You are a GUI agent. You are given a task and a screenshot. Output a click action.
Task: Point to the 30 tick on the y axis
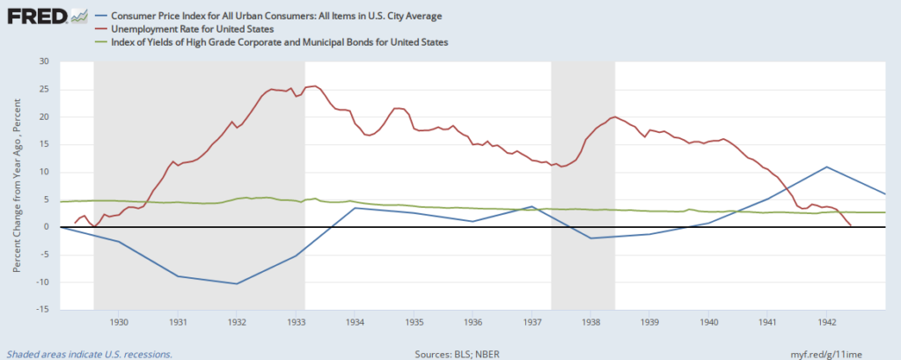coord(43,62)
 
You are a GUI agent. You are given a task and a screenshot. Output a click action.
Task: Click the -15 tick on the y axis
coord(41,310)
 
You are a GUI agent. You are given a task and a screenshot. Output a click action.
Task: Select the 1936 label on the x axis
coord(472,323)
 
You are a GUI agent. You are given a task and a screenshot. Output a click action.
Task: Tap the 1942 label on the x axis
coord(826,323)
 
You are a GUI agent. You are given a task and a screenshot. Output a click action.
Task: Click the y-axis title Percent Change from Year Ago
coord(16,186)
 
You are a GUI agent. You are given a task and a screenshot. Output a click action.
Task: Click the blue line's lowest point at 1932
coord(237,283)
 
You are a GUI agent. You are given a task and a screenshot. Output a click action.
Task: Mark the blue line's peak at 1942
coord(826,166)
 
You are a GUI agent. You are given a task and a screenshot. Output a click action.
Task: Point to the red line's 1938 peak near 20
coord(613,116)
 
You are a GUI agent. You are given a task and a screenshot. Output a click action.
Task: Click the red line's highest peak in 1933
coord(314,86)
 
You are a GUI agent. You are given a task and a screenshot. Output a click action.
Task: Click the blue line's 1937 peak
coord(531,206)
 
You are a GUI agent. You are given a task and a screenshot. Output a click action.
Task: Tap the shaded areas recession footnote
coord(89,354)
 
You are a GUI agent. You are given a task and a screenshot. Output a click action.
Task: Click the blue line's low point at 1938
coord(590,238)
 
